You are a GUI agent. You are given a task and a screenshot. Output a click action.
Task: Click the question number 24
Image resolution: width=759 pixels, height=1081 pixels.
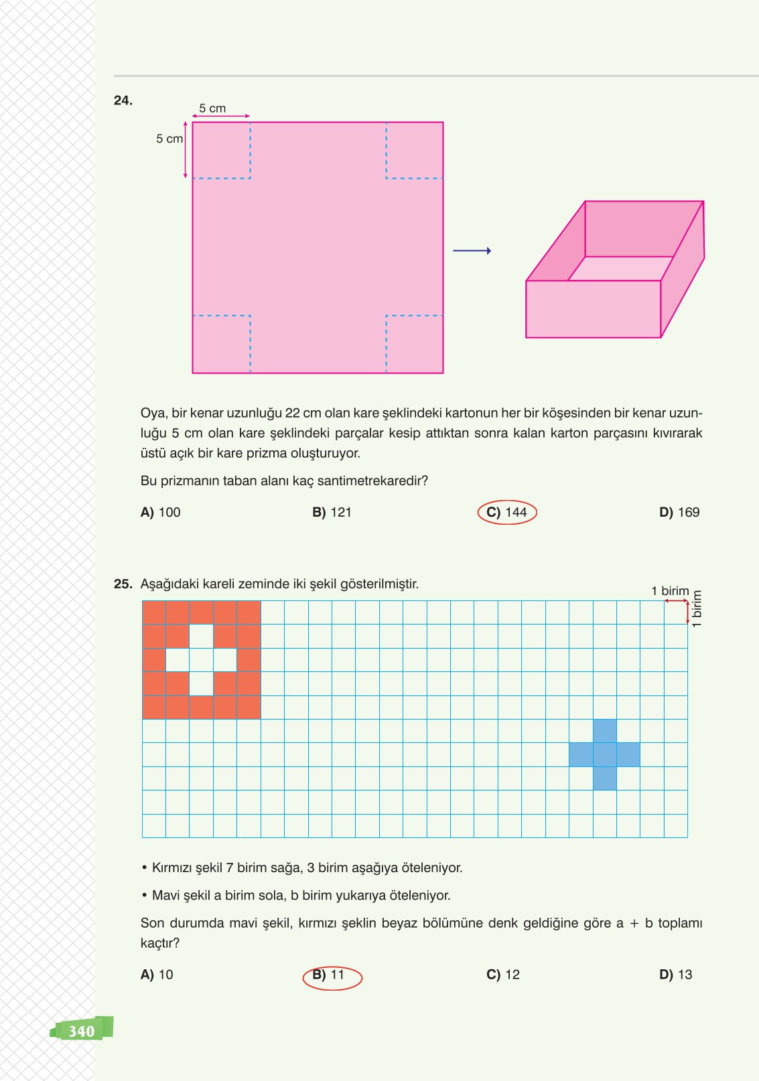coord(123,100)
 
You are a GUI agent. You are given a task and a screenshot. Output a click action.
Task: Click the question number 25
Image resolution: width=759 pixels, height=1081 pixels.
coord(123,584)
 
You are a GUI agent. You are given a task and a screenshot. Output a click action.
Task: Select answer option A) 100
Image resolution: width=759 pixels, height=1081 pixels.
coord(161,512)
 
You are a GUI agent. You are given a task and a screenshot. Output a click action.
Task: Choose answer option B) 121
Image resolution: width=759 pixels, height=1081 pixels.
coord(332,512)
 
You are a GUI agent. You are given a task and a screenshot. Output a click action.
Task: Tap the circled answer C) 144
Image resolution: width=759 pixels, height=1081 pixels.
coord(507,512)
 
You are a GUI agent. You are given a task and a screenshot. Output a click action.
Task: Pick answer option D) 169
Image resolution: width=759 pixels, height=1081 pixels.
coord(679,512)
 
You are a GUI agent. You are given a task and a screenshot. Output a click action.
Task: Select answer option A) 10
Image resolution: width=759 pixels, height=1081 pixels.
coord(157,975)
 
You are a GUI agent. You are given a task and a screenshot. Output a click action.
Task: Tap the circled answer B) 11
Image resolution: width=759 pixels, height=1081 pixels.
coord(332,975)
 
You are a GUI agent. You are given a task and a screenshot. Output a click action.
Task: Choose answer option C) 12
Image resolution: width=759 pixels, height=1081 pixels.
coord(503,975)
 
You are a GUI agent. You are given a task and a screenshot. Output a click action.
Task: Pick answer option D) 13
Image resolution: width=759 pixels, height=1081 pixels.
coord(676,975)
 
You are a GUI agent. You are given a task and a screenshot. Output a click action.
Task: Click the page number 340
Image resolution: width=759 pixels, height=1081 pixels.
coord(82,1031)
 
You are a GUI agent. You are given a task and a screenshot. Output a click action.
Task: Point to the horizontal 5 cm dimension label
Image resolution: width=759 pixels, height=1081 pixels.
coord(212,108)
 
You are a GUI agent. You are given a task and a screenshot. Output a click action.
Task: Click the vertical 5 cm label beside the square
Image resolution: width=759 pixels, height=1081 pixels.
coord(169,139)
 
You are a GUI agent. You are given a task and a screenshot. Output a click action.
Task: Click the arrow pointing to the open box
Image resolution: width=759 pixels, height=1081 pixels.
coord(472,251)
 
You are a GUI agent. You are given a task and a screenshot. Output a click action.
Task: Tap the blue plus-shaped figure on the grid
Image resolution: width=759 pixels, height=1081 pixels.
coord(605,754)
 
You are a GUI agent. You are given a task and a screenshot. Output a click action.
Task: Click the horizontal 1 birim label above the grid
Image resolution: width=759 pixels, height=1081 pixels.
coord(670,591)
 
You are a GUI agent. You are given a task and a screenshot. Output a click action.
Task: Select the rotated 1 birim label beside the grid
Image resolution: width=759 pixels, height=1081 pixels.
coord(697,608)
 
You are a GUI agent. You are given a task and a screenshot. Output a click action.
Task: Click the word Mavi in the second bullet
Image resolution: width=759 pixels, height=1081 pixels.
coord(165,895)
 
